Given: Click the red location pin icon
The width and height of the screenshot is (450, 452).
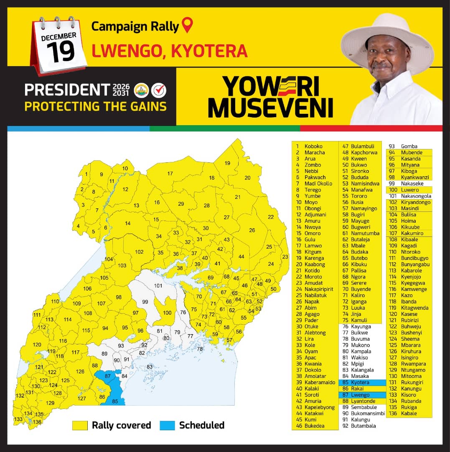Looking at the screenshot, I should point(188,25).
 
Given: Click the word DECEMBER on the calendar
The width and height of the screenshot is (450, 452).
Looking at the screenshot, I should point(58,37).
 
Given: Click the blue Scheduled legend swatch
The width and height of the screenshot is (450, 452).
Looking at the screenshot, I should point(167,426).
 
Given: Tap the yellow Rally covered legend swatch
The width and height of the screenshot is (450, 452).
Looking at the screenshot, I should point(80,426).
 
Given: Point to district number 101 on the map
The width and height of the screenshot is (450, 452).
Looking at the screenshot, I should point(158,286).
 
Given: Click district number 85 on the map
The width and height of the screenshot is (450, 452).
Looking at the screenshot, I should point(115,402).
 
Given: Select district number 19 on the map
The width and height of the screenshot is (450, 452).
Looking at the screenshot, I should point(227,163).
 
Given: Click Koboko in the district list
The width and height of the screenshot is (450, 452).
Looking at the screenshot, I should point(313,146).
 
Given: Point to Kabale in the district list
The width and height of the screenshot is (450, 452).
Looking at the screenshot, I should point(409,413).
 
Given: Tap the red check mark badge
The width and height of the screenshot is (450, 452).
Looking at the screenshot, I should point(159,90).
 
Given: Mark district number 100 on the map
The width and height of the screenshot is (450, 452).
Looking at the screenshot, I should point(167,313).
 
